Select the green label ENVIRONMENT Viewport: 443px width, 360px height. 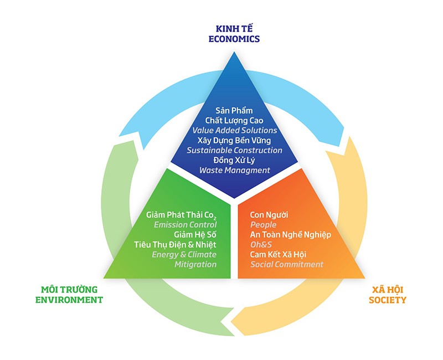[x=69, y=300]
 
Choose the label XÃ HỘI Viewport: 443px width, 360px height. [x=389, y=289]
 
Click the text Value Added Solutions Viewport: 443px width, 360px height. [x=234, y=130]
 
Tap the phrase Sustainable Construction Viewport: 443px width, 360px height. [x=234, y=150]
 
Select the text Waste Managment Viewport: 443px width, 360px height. [x=234, y=170]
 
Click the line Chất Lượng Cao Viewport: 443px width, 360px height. [x=234, y=120]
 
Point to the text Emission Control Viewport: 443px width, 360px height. [x=185, y=224]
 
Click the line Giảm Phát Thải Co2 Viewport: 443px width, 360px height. [x=181, y=214]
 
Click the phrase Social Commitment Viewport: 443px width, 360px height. [x=286, y=264]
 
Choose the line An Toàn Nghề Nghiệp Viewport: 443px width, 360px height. [x=290, y=234]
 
